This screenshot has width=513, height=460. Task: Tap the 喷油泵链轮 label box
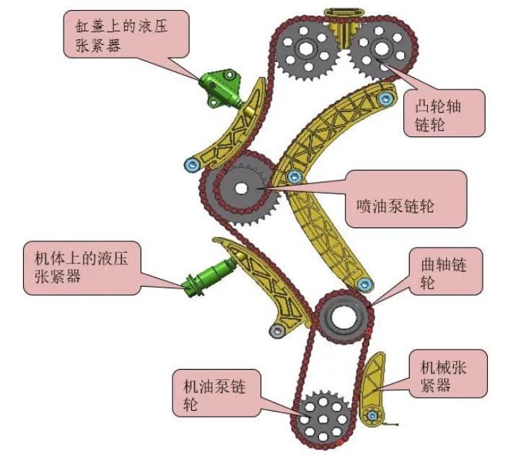[405, 199]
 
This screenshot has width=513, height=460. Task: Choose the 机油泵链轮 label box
[216, 394]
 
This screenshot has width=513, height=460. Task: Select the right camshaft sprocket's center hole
[382, 48]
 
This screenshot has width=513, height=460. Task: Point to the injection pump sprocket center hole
[242, 188]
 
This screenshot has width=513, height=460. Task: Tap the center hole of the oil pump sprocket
[323, 420]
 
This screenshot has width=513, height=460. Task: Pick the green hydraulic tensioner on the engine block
[209, 277]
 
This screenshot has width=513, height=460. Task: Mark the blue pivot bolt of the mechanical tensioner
[372, 416]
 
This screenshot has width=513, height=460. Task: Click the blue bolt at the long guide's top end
[385, 98]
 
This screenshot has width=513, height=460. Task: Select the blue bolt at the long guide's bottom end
[364, 285]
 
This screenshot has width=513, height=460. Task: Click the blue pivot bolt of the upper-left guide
[192, 165]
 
